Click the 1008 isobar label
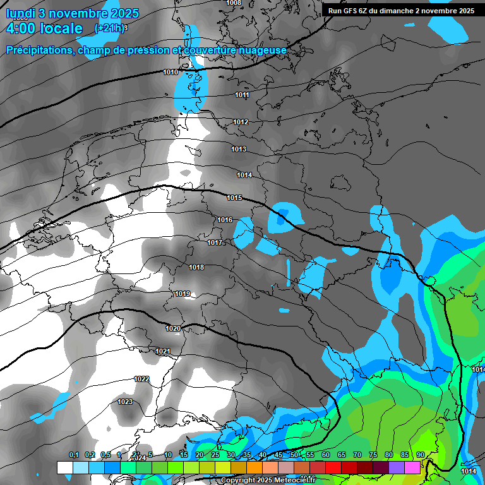pyautogui.click(x=234, y=3)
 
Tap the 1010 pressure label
pyautogui.click(x=171, y=73)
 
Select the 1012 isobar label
pyautogui.click(x=241, y=123)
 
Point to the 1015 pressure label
pyautogui.click(x=234, y=198)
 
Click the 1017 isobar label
pyautogui.click(x=215, y=243)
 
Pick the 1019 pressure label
pyautogui.click(x=183, y=294)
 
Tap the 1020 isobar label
pyautogui.click(x=173, y=329)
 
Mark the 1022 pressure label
pyautogui.click(x=142, y=379)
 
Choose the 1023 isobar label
pyautogui.click(x=125, y=402)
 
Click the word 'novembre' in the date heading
pyautogui.click(x=76, y=13)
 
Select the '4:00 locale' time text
pyautogui.click(x=44, y=28)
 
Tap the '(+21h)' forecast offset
pyautogui.click(x=111, y=28)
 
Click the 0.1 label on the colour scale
pyautogui.click(x=74, y=455)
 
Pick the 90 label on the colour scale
pyautogui.click(x=420, y=455)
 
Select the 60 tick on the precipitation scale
pyautogui.click(x=326, y=455)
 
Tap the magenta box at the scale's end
pyautogui.click(x=412, y=467)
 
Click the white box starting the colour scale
pyautogui.click(x=64, y=467)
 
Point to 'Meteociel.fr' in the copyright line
pyautogui.click(x=290, y=481)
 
